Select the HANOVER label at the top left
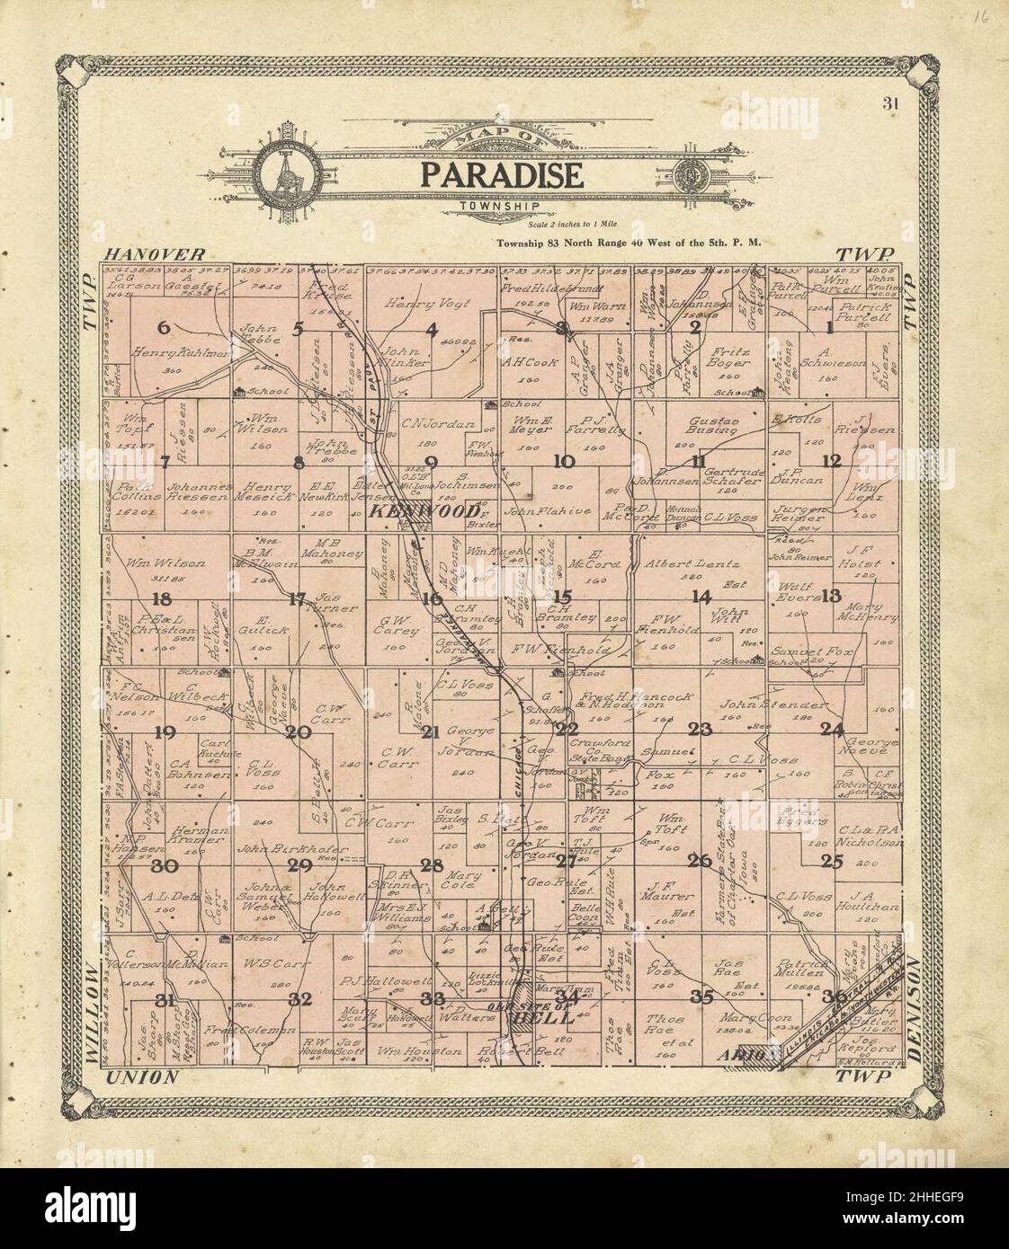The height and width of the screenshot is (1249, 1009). (x=154, y=255)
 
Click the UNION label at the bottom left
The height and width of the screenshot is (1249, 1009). (x=139, y=1077)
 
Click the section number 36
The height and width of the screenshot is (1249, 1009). (x=833, y=995)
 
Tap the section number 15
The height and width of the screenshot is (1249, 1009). (x=562, y=596)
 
